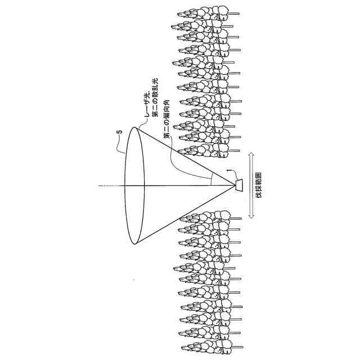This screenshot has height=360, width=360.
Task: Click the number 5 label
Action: tap(119, 132)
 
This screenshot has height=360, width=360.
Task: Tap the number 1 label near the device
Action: tap(228, 170)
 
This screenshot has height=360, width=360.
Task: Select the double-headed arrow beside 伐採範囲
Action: tap(251, 185)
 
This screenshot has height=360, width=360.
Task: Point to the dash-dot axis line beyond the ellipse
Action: tap(107, 185)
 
